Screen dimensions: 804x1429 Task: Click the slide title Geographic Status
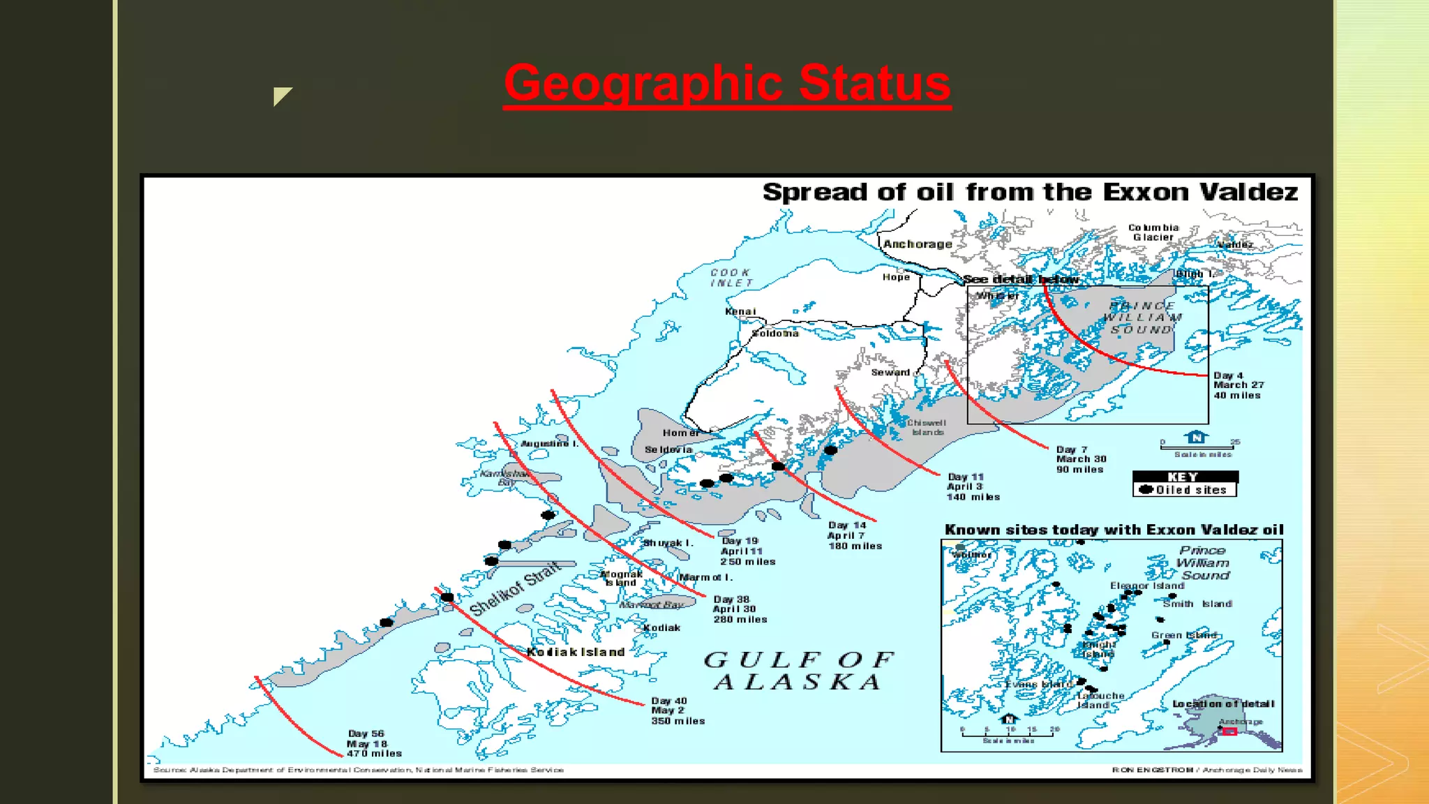coord(727,84)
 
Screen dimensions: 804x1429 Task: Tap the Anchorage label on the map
coord(918,244)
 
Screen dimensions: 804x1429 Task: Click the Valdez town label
coord(1235,245)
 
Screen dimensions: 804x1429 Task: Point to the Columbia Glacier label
coord(1153,232)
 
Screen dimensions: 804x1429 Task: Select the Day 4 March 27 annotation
coord(1238,385)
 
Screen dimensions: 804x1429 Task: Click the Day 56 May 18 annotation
coord(373,744)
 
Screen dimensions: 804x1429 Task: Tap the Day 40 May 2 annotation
coord(677,710)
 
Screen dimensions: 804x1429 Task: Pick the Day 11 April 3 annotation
coord(972,486)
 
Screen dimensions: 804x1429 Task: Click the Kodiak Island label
coord(576,652)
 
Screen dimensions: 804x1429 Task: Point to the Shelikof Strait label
coord(514,588)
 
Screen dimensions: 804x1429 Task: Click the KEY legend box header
coord(1184,477)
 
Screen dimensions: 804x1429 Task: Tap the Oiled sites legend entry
coord(1184,490)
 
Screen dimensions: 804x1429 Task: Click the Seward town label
coord(890,373)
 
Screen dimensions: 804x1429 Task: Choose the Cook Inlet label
coord(731,278)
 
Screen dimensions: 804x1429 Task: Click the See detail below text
coord(1021,279)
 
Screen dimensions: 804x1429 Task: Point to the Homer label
coord(681,433)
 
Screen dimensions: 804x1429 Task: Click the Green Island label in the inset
coord(1183,635)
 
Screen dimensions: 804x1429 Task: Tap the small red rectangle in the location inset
coord(1229,731)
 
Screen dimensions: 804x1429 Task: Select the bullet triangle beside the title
coord(281,96)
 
